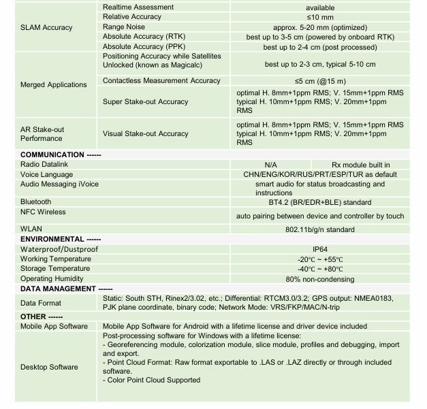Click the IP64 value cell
coord(319,250)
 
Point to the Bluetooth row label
coord(35,202)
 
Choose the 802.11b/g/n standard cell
coord(319,230)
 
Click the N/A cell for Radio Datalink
coord(270,165)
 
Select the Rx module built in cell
coord(360,165)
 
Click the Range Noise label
coord(125,27)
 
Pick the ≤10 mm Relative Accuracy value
coord(319,17)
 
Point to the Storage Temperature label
coord(55,269)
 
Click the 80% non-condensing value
coord(319,279)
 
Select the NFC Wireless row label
coord(43,212)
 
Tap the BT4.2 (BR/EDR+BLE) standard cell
coord(319,202)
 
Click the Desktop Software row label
coord(49,367)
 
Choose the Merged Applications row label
coord(54,85)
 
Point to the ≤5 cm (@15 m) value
coord(319,81)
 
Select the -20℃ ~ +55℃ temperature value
coord(319,259)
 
